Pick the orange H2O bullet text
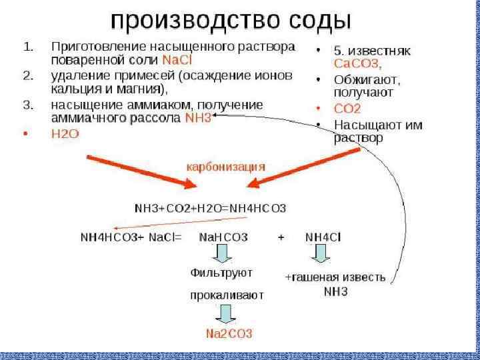click(65, 133)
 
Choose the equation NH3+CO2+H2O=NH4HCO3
click(210, 208)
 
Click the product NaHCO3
click(223, 237)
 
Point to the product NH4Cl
click(323, 237)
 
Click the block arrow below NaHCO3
click(223, 254)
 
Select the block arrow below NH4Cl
click(321, 253)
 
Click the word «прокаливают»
click(227, 294)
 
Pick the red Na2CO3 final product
click(229, 332)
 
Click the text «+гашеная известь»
click(335, 277)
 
